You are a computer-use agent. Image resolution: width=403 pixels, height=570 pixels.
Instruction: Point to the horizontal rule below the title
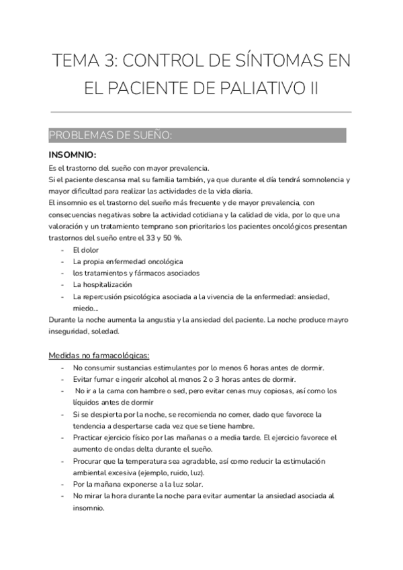coord(201,112)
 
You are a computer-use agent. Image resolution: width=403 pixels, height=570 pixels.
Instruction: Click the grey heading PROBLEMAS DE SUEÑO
coord(111,135)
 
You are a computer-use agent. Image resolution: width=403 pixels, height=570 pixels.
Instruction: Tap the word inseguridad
coord(73,331)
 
